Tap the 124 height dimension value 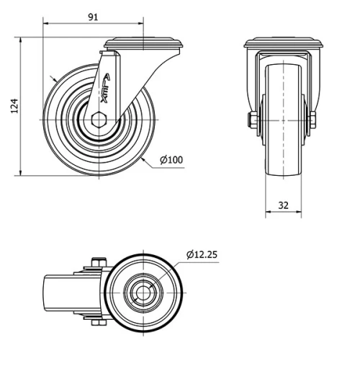(13, 106)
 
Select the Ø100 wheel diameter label (171, 159)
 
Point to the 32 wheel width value (283, 205)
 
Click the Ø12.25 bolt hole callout (202, 254)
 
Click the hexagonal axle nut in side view (99, 120)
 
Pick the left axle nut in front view (253, 120)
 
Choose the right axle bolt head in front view (313, 120)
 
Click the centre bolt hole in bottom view (143, 293)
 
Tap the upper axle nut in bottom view (98, 264)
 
